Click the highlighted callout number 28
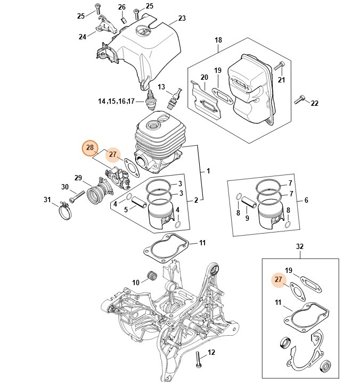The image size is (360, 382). [x=89, y=147]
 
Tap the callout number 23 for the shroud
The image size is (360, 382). [x=182, y=19]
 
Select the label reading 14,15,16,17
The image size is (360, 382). [x=117, y=101]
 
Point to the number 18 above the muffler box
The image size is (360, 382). [x=218, y=40]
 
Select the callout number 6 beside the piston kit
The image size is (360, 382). [x=306, y=201]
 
